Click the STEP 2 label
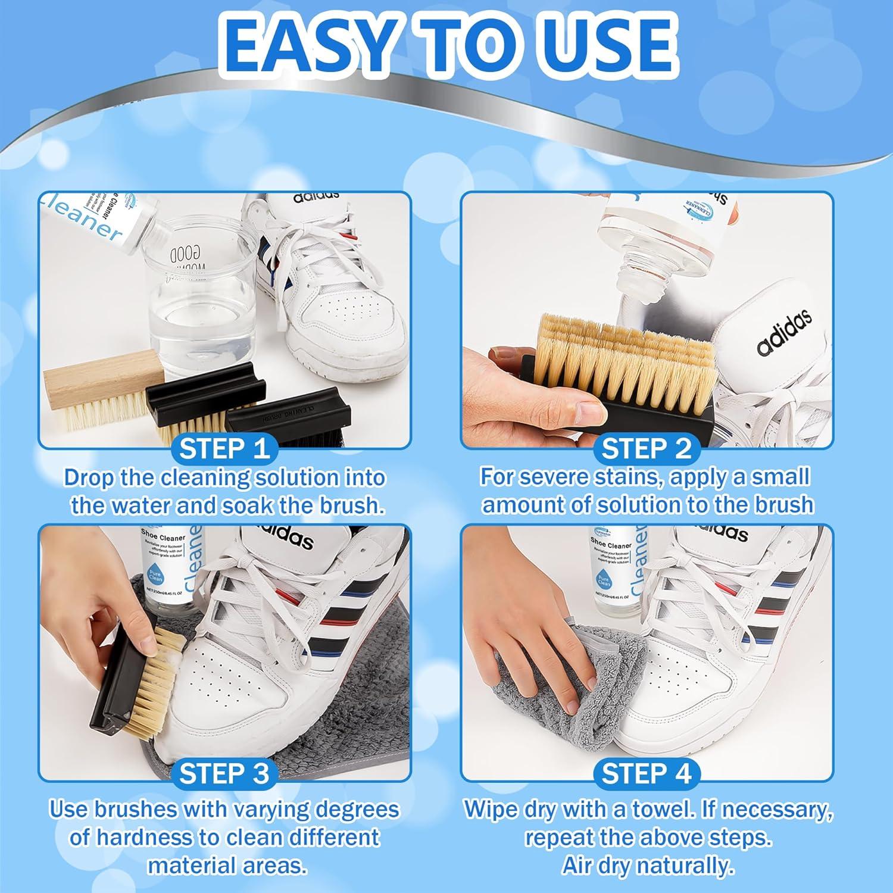pyautogui.click(x=647, y=449)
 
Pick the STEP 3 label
pyautogui.click(x=224, y=773)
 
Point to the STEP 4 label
pyautogui.click(x=647, y=773)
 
